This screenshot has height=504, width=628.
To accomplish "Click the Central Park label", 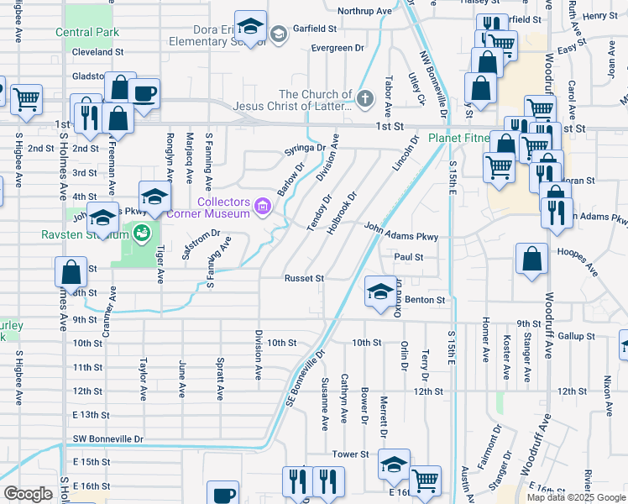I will click(84, 33).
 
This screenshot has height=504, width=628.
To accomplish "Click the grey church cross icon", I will click(364, 100).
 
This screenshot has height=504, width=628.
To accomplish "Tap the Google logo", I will click(29, 493).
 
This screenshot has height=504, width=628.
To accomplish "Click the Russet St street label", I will click(304, 278).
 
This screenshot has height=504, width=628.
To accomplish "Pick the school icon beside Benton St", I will click(380, 291).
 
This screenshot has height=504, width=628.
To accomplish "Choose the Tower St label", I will click(350, 454).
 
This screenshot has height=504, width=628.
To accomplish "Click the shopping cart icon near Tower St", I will click(425, 480).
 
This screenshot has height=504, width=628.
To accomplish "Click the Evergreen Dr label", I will click(337, 48).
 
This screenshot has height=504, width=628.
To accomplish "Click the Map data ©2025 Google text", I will click(575, 497).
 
